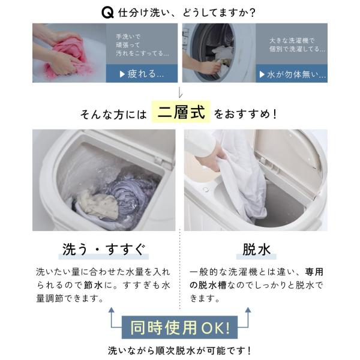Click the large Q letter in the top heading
coord(107,13)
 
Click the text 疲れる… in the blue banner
coord(146,74)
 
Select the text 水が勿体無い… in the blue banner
coord(296,74)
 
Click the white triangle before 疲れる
coord(122,74)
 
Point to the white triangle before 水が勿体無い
coord(262,74)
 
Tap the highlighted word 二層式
coord(181,112)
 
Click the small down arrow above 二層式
coord(180,93)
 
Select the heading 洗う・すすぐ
coord(104,250)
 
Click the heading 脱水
coord(256,250)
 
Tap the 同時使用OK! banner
coord(179,328)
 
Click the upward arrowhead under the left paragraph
coord(112,310)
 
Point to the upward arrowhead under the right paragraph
coord(248,310)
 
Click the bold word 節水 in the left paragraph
coord(93,285)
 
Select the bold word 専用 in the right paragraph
coord(314,272)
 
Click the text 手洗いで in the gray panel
coord(128,37)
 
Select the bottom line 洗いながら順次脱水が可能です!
coord(179,351)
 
